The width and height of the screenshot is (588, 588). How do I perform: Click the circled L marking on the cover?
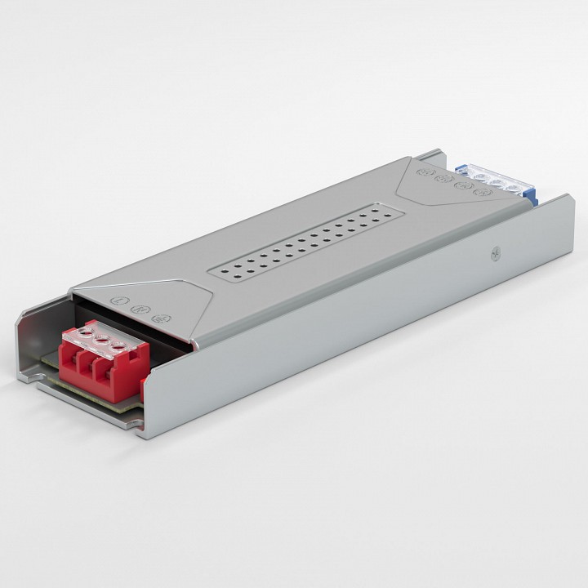[x=122, y=301]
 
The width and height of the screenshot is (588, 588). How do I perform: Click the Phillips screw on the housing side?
[x=495, y=255]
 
